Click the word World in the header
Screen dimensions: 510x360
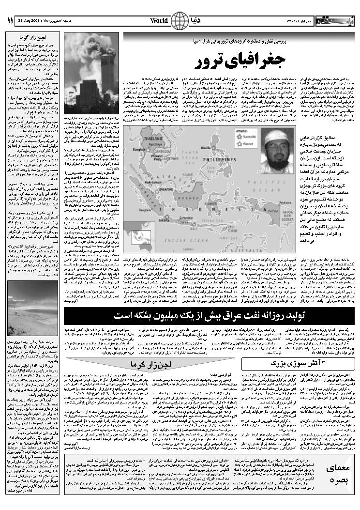[159, 21]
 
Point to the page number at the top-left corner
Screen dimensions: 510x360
[10, 21]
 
